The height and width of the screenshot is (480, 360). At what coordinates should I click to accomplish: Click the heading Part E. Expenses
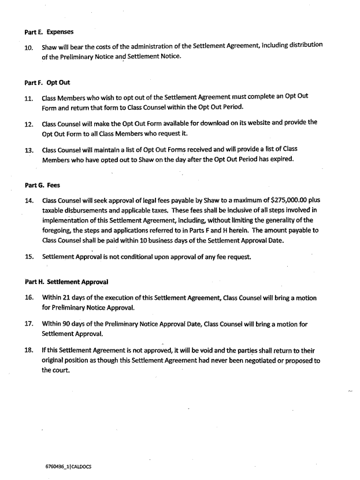pyautogui.click(x=49, y=32)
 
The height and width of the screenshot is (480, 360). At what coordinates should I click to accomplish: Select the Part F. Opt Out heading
pyautogui.click(x=47, y=83)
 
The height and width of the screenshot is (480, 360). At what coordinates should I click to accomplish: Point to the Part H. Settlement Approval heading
pyautogui.click(x=67, y=282)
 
